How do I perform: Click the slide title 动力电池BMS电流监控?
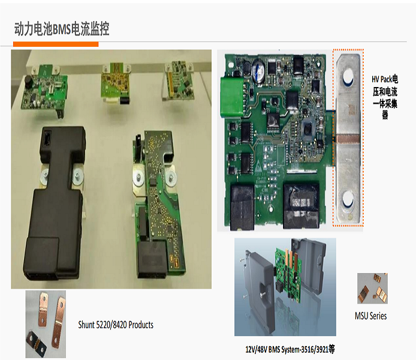coord(62,29)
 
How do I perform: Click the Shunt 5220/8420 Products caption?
coord(116,325)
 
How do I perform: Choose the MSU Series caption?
coord(371,316)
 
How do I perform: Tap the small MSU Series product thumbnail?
coord(371,289)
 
